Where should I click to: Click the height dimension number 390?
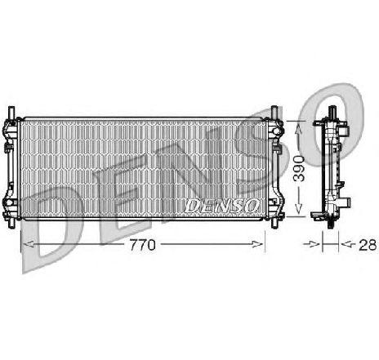[x=301, y=169]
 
